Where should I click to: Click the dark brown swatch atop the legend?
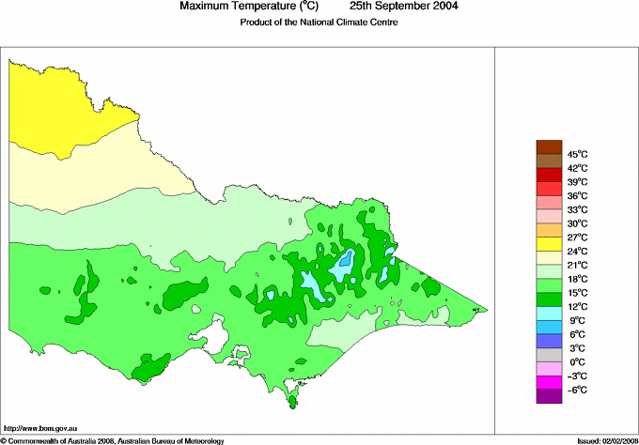(548, 146)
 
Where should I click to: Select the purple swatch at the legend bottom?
(548, 396)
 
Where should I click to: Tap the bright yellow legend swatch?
(548, 243)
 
